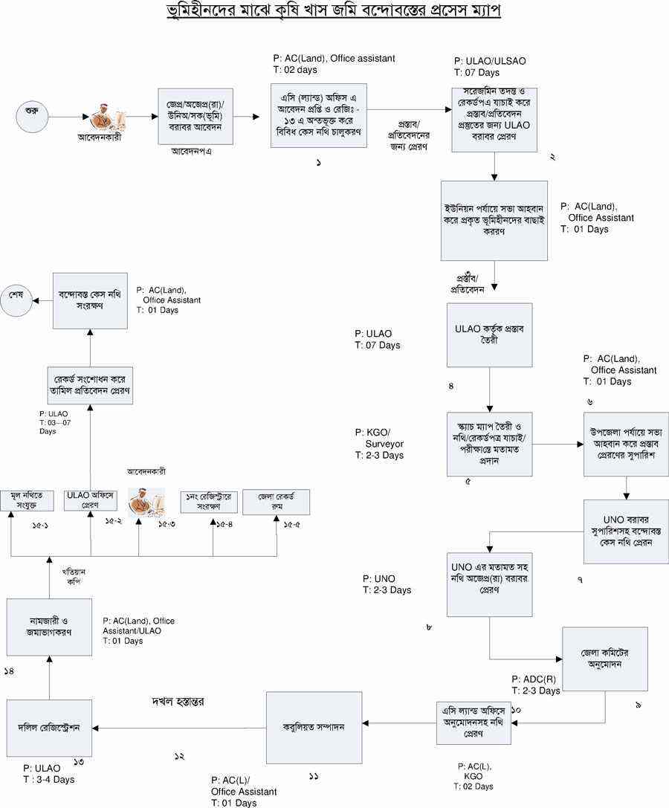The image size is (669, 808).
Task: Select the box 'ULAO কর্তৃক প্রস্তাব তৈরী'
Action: [490, 334]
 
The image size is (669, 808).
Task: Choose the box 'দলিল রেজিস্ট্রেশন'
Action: [49, 726]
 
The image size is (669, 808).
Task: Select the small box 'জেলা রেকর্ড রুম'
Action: [276, 502]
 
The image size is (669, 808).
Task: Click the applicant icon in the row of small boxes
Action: [139, 502]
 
